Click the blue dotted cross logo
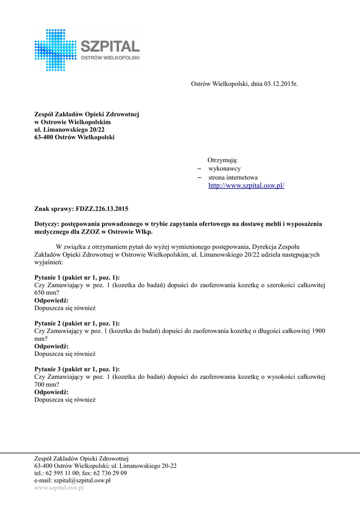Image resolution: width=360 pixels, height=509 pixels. [56, 50]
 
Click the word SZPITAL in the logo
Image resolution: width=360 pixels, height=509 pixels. [110, 47]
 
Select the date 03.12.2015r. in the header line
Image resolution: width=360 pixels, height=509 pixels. [281, 84]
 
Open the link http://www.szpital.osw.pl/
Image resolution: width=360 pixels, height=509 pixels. [246, 185]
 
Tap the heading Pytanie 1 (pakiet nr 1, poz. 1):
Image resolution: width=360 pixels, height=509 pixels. [77, 277]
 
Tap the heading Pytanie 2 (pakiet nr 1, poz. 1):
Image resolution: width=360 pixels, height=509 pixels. [77, 323]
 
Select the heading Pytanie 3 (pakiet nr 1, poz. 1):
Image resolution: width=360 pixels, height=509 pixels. [77, 369]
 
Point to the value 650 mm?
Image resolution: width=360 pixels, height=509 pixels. [47, 293]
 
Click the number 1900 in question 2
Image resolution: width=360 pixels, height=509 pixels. [318, 331]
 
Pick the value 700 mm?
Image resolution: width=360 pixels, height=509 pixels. [47, 384]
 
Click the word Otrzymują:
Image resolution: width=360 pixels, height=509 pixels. [222, 161]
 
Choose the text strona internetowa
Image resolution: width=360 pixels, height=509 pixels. [233, 177]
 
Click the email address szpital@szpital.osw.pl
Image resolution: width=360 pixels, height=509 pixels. [82, 481]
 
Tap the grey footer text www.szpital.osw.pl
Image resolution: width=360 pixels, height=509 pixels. [59, 488]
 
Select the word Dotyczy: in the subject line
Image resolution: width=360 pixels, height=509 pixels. [47, 224]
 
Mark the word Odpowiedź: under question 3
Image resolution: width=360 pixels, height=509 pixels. [51, 392]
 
